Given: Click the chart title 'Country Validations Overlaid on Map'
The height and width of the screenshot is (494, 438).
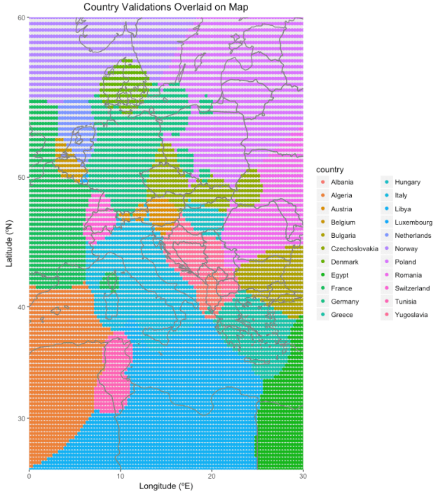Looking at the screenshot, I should [x=165, y=7].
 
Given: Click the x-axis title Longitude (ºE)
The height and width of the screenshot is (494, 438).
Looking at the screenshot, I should [x=165, y=486].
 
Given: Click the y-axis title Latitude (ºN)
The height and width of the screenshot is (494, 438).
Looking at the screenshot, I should [x=9, y=244].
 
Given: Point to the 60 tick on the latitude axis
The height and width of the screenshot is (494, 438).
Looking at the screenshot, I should [x=21, y=17].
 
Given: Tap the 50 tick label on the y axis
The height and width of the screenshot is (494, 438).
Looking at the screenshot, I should [x=21, y=177].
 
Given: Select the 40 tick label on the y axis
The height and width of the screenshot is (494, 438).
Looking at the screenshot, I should [x=21, y=307].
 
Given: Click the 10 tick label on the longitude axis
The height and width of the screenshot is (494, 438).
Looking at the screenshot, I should [x=120, y=475].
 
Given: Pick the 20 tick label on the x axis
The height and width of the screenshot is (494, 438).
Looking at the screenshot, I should [x=211, y=475].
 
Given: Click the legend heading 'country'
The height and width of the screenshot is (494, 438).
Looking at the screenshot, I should [x=329, y=170].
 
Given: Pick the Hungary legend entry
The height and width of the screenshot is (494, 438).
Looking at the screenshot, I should [x=408, y=183].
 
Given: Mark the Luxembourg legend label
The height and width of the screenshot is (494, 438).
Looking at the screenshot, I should [x=413, y=223].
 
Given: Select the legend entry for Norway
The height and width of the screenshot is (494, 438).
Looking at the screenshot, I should [x=406, y=249].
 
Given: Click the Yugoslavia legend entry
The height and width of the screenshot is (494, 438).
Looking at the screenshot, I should [x=412, y=315].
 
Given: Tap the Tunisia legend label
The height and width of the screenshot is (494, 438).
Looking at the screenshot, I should [x=406, y=302].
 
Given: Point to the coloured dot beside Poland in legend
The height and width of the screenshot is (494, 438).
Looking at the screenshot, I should [x=387, y=262].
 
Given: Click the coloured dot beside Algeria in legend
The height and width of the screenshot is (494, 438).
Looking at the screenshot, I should [x=322, y=196].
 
